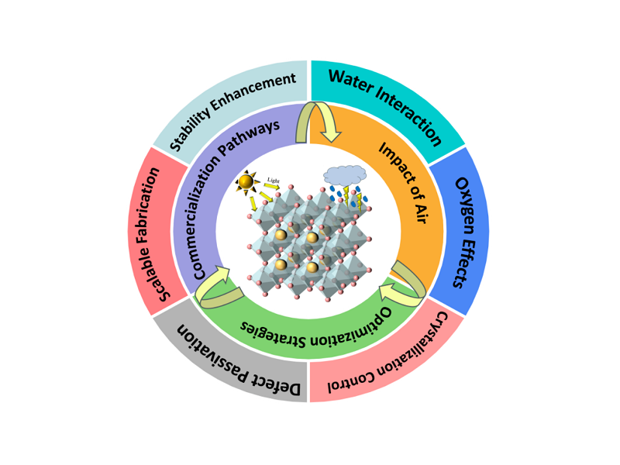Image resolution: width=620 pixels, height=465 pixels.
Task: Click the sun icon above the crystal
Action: [246, 183]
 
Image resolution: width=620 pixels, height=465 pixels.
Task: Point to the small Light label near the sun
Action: [273, 180]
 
